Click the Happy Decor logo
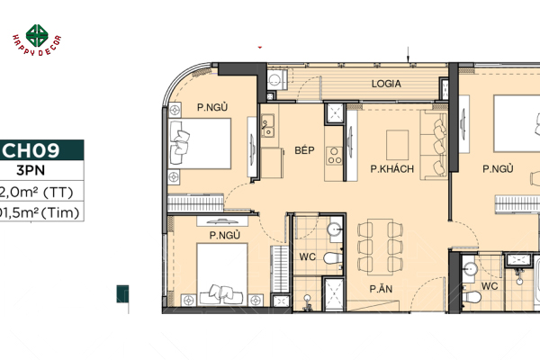pos(36,38)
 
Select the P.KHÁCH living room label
pos(392,167)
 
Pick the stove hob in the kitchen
pos(332,156)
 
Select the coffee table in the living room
pos(397,143)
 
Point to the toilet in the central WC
pos(333,259)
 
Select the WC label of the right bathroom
pos(490,286)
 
